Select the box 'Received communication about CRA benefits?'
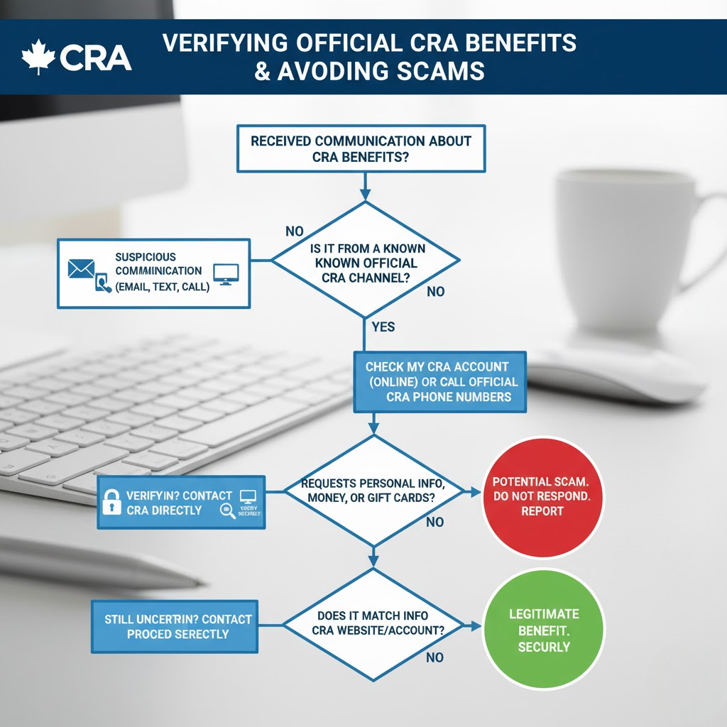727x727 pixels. pos(361,148)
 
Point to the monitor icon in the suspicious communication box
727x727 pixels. pos(226,273)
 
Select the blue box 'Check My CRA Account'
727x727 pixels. pos(440,382)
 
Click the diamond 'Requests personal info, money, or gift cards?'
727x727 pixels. pos(372,491)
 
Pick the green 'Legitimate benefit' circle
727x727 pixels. pos(543,629)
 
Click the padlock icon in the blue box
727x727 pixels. pos(111,502)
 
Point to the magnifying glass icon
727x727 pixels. pos(228,511)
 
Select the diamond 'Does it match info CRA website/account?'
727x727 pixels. pos(373,623)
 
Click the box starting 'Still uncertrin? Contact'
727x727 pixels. pos(174,626)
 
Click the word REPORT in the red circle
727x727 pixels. pos(542,511)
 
